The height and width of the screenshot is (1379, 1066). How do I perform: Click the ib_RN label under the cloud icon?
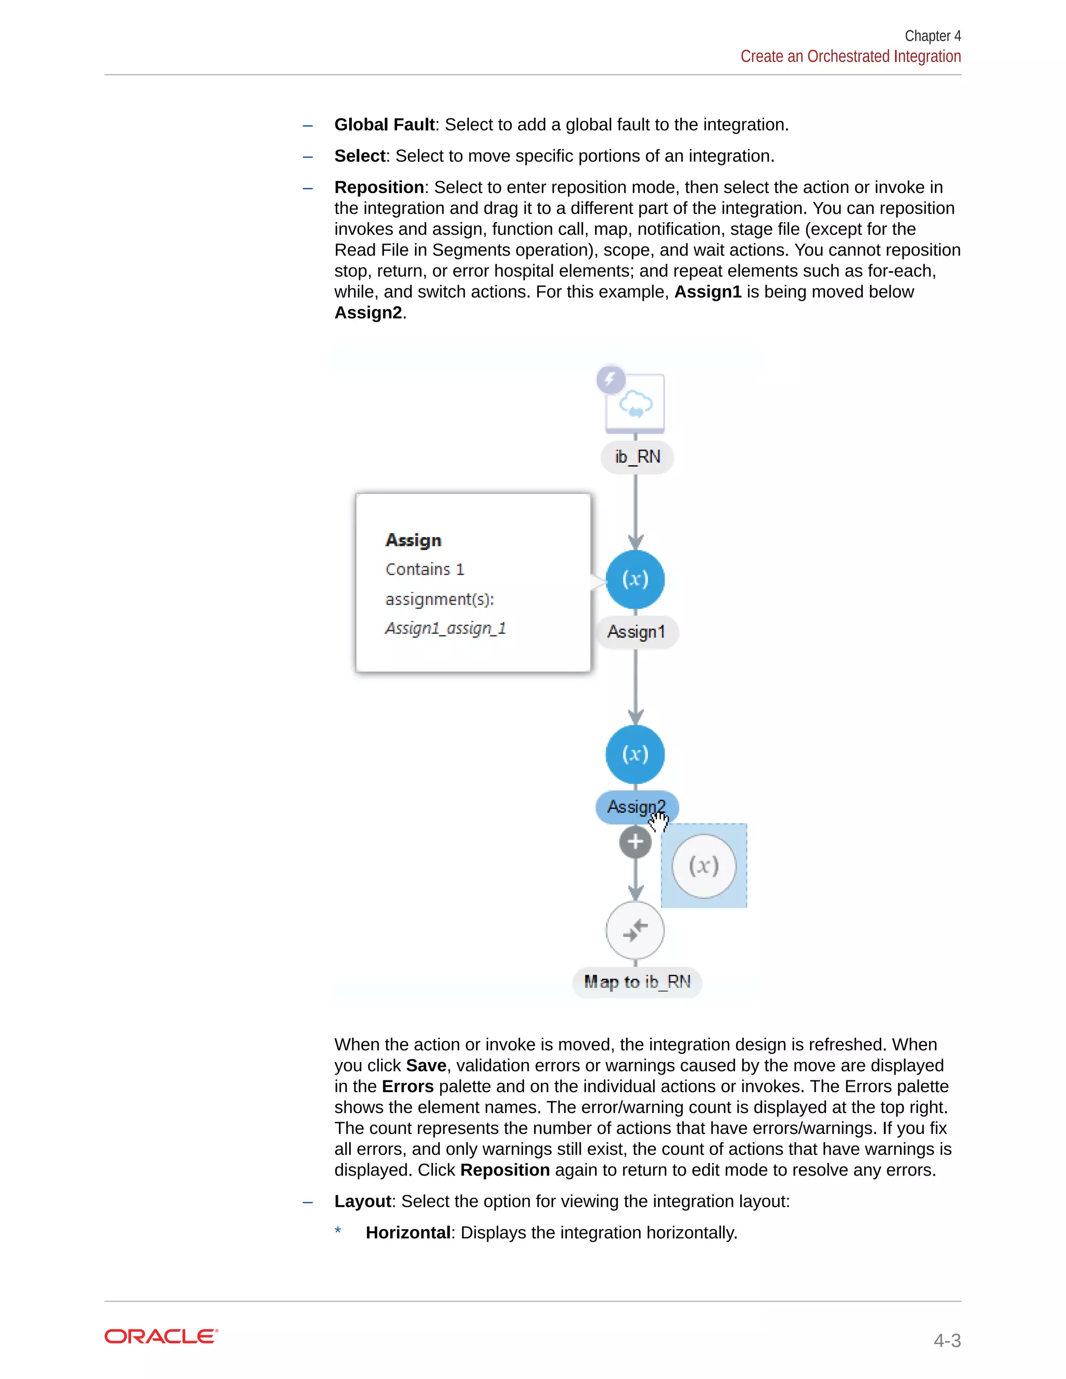coord(637,456)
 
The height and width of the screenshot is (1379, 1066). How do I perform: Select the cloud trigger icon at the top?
coord(636,403)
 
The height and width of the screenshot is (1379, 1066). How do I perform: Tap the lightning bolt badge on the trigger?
coord(611,379)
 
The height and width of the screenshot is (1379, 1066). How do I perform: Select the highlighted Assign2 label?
coord(631,807)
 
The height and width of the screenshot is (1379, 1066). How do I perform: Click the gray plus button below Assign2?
coord(636,842)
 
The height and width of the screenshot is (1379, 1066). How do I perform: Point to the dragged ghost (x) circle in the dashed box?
coord(704,866)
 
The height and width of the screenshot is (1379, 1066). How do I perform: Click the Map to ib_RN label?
coord(637,982)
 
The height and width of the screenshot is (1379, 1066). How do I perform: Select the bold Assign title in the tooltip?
coord(414,541)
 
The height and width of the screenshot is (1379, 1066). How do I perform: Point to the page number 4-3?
coord(947,1340)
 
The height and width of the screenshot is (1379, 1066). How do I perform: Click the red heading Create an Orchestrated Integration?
coord(850,57)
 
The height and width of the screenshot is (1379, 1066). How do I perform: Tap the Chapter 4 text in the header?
coord(932,36)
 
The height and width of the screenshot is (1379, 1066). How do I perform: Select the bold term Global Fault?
coord(384,125)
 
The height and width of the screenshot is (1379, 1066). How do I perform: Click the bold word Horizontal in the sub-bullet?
coord(408,1232)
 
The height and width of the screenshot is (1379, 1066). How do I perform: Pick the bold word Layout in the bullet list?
coord(362,1201)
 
